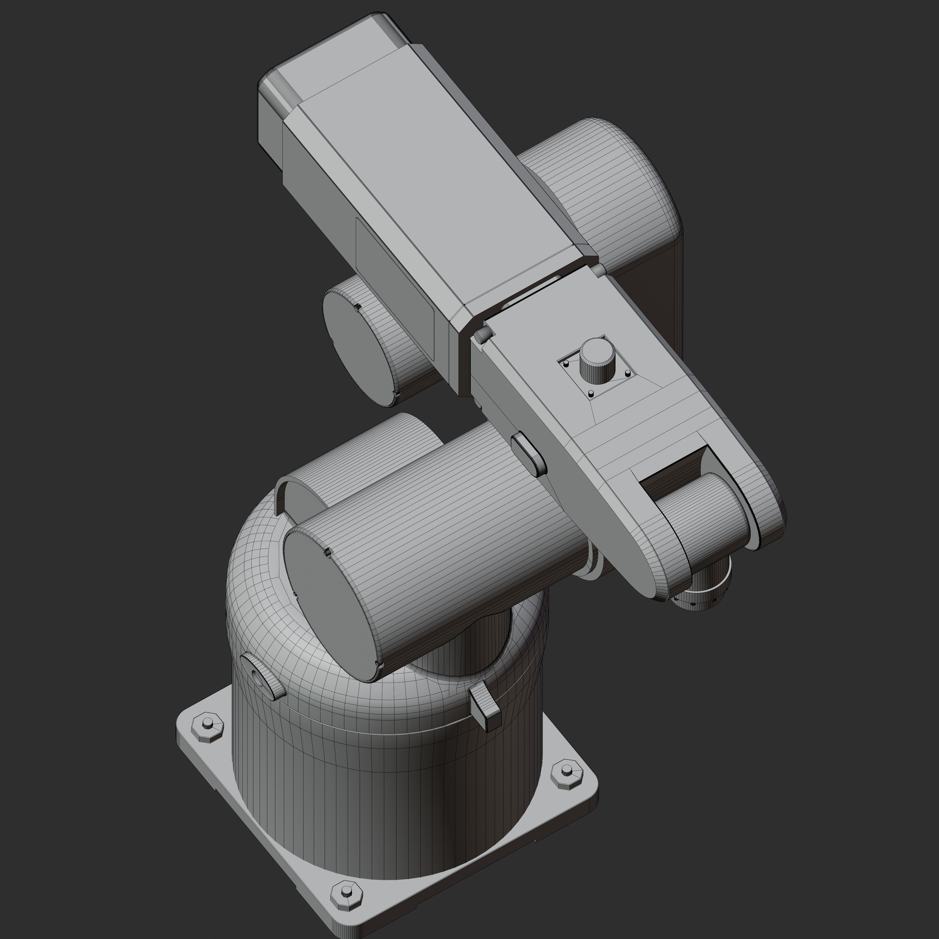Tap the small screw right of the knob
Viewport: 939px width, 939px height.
click(627, 373)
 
